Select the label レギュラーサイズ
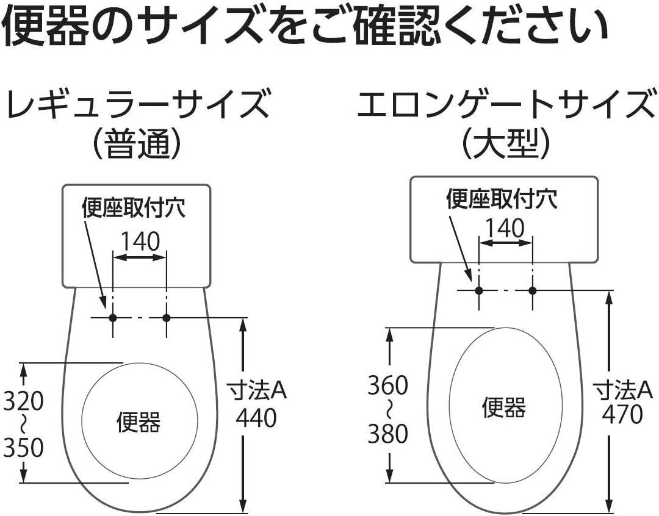137,105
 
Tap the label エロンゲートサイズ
504,105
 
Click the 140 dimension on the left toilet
139,242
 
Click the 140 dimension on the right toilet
506,228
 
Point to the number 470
622,415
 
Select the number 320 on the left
24,401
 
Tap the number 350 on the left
24,448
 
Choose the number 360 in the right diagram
387,385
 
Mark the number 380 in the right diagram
387,434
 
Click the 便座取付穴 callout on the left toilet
134,209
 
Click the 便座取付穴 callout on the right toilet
502,199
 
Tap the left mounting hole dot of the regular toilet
112,318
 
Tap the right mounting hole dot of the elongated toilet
532,290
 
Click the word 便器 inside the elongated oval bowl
504,406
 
